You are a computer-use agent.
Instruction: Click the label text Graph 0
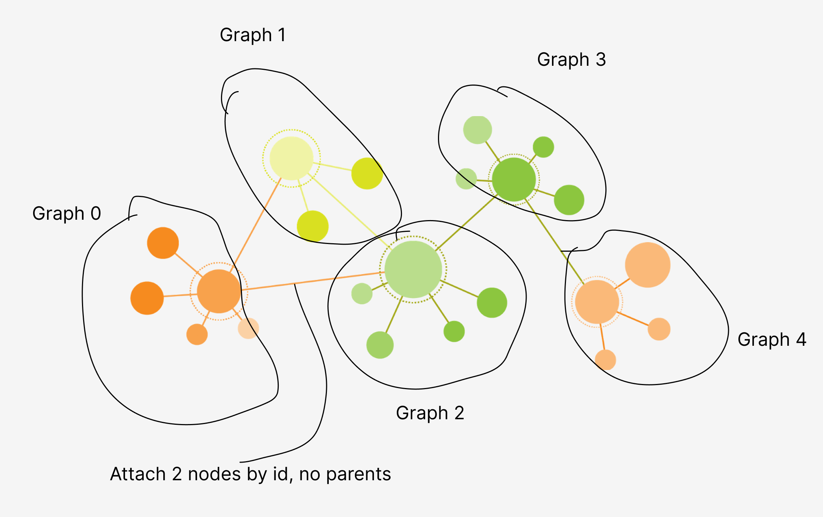pyautogui.click(x=67, y=213)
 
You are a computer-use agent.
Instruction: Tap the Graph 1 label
pyautogui.click(x=253, y=35)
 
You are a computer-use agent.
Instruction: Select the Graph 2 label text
pyautogui.click(x=430, y=413)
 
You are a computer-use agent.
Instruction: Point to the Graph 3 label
pyautogui.click(x=571, y=60)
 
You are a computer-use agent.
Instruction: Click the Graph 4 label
pyautogui.click(x=772, y=340)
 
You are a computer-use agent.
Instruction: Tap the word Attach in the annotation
pyautogui.click(x=138, y=474)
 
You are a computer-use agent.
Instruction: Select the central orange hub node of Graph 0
pyautogui.click(x=219, y=291)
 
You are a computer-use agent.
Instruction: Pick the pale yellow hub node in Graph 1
pyautogui.click(x=291, y=158)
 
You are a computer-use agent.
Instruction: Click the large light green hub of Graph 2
pyautogui.click(x=413, y=269)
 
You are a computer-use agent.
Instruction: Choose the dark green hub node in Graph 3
pyautogui.click(x=514, y=180)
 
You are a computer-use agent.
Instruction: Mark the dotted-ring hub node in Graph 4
pyautogui.click(x=597, y=302)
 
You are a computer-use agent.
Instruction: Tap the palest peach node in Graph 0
pyautogui.click(x=248, y=328)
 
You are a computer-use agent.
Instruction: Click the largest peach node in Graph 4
pyautogui.click(x=648, y=265)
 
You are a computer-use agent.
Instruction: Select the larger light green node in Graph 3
pyautogui.click(x=477, y=130)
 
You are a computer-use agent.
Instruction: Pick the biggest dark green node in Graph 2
pyautogui.click(x=492, y=302)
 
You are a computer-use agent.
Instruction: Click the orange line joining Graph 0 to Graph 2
pyautogui.click(x=313, y=281)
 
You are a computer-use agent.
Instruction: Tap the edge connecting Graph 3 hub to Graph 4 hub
pyautogui.click(x=555, y=243)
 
